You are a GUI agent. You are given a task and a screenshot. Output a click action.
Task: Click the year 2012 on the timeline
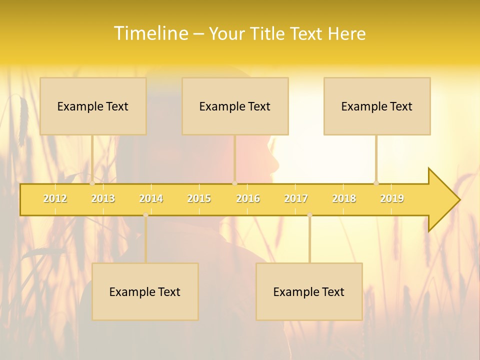[55, 198]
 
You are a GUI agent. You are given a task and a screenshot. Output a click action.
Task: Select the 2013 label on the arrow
[103, 198]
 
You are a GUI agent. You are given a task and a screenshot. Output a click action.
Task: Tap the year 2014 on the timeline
[151, 198]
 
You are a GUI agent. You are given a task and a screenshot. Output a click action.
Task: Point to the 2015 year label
[199, 198]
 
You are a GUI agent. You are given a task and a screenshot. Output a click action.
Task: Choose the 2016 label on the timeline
[248, 198]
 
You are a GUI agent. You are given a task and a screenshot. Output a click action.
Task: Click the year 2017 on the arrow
[296, 198]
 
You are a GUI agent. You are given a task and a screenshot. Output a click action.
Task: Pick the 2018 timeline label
[344, 198]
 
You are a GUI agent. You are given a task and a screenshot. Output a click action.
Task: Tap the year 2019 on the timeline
[392, 198]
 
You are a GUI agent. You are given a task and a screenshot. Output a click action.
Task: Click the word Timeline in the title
[150, 33]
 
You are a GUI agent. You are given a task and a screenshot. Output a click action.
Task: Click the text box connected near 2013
[93, 106]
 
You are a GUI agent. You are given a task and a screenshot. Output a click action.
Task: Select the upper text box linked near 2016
[235, 106]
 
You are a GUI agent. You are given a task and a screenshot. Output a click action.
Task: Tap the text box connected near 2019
[377, 106]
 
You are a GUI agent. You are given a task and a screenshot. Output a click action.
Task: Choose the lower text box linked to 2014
[145, 291]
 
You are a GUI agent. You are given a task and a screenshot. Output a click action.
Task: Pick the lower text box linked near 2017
[309, 291]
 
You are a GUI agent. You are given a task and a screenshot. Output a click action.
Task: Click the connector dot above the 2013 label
[92, 183]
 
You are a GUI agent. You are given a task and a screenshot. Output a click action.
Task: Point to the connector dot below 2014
[145, 215]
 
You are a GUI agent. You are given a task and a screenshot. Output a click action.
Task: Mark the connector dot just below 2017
[309, 215]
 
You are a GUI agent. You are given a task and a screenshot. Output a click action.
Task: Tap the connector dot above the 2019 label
[376, 183]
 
